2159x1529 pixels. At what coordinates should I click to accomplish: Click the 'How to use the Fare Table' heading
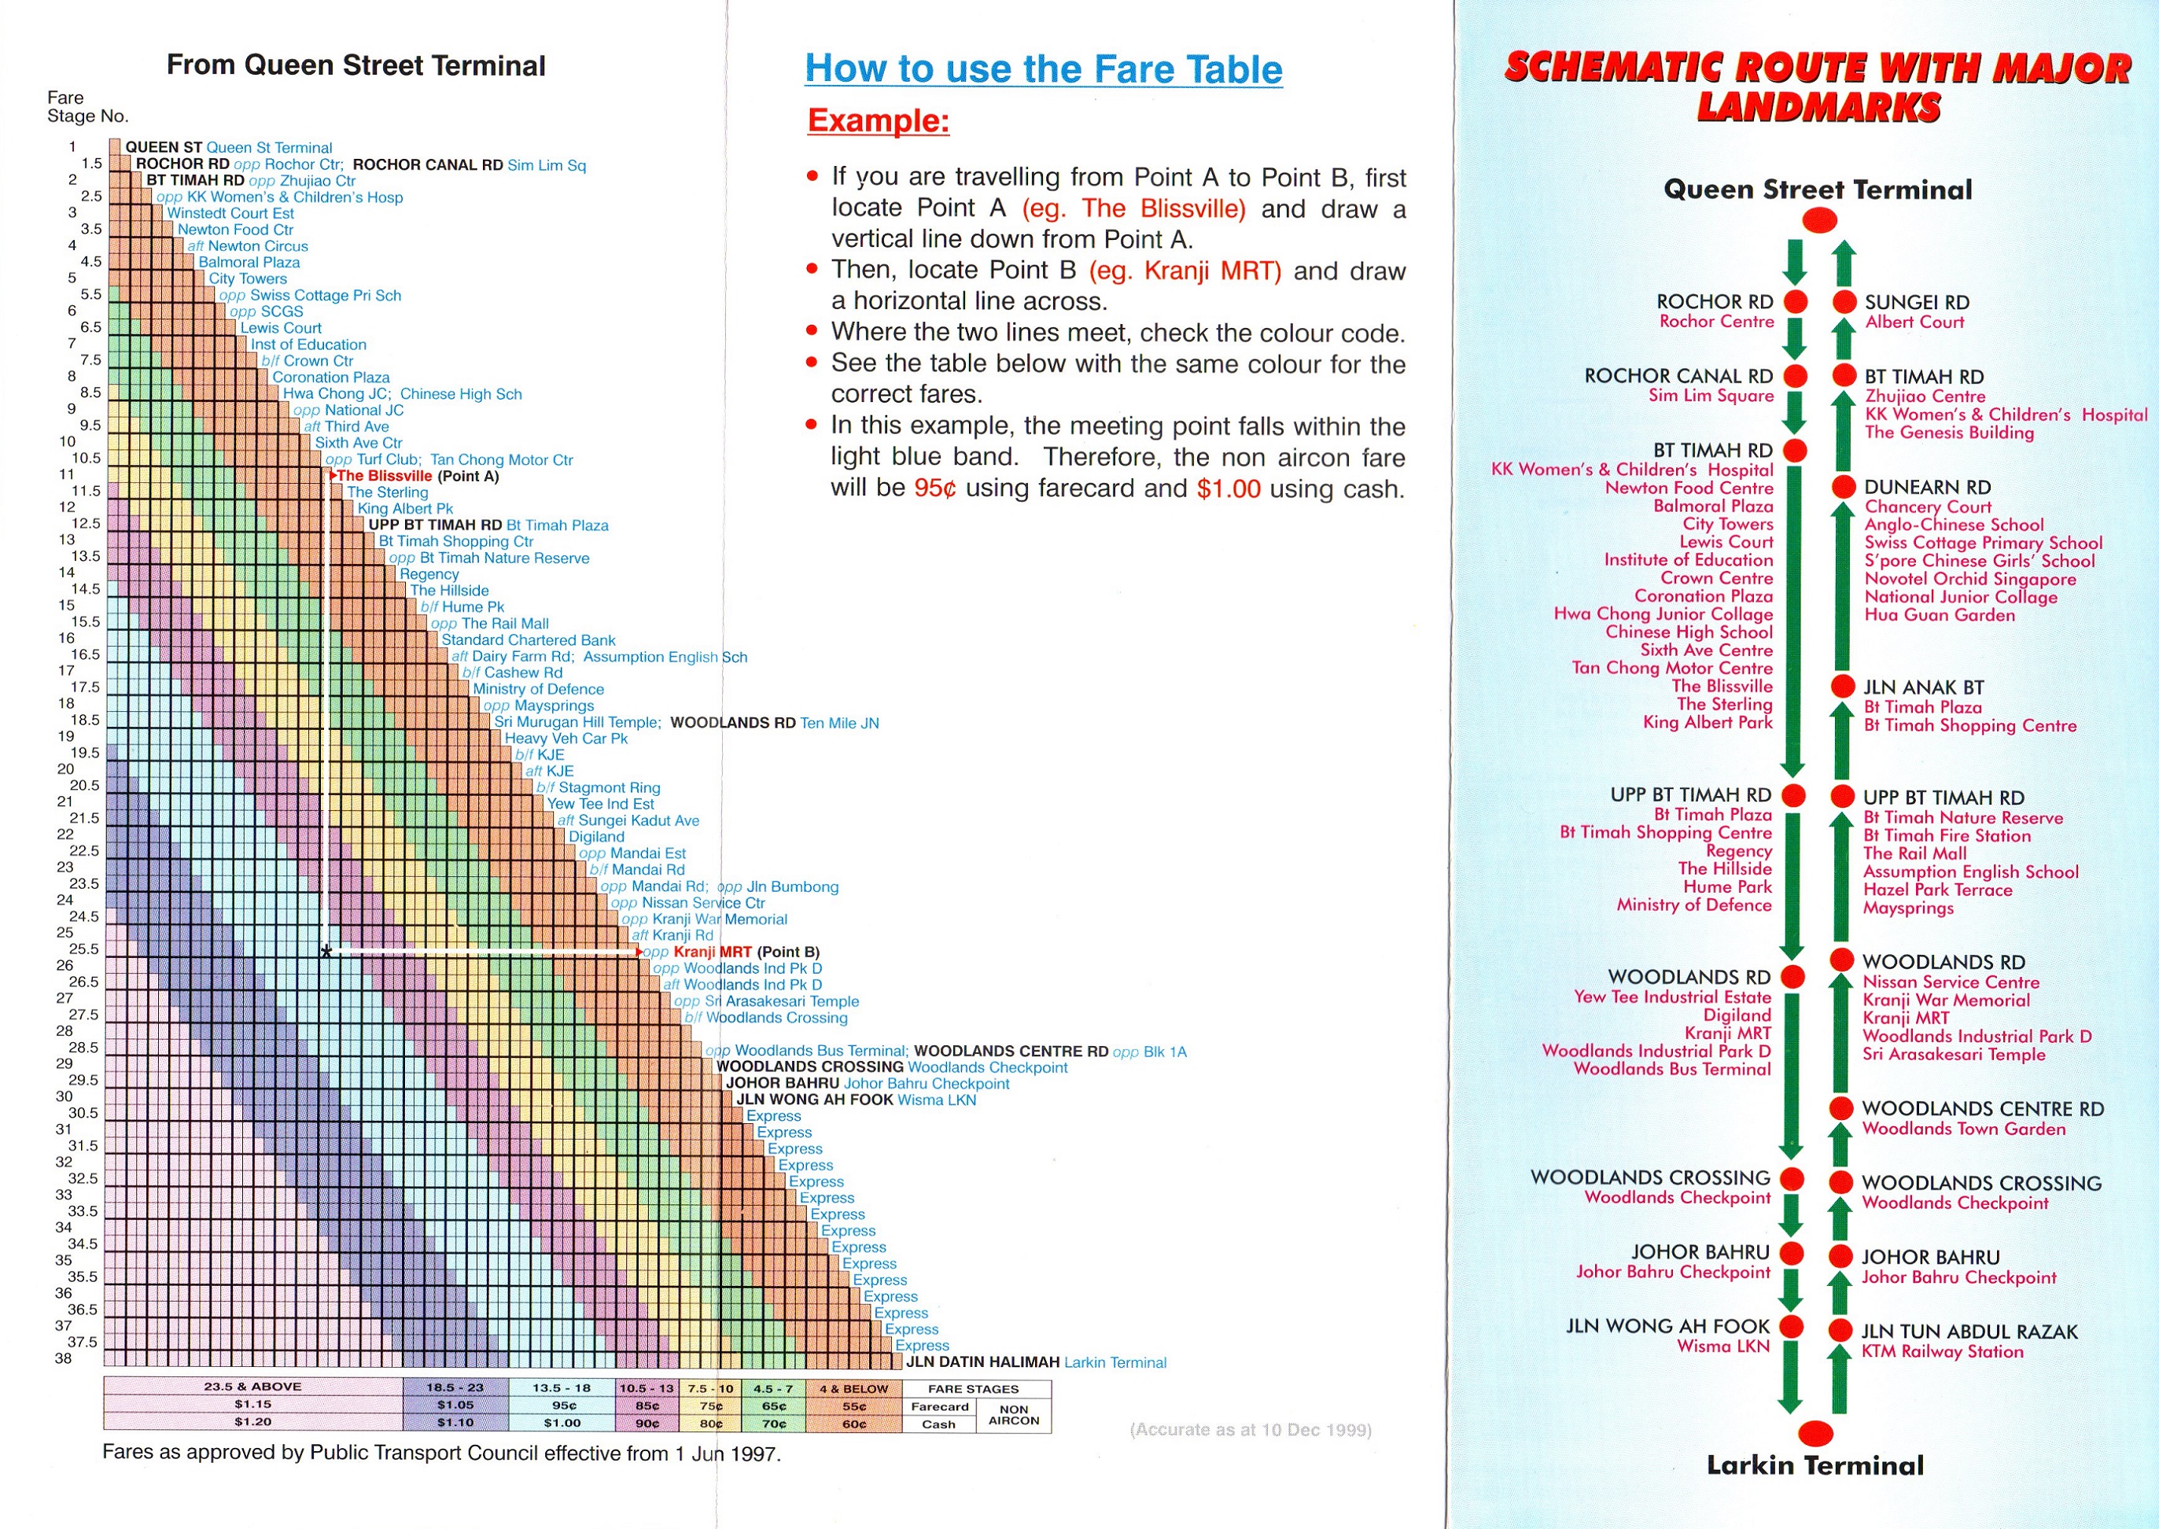coord(1043,68)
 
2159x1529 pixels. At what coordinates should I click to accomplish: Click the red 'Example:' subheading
coord(878,120)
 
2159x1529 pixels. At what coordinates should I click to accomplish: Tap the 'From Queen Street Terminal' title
coord(356,65)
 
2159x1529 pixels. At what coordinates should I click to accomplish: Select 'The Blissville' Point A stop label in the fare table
coord(384,476)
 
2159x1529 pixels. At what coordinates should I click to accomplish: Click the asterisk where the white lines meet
coord(326,952)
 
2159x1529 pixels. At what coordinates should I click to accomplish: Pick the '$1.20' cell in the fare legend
coord(252,1422)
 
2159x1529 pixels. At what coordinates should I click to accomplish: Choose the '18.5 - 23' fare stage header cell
coord(455,1387)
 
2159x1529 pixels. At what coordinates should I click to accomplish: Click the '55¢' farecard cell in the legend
coord(853,1406)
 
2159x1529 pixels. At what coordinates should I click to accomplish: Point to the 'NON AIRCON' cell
coord(1013,1415)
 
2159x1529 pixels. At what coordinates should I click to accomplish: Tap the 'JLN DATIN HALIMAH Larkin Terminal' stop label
coord(1036,1362)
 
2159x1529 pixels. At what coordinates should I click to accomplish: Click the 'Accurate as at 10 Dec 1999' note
coord(1251,1430)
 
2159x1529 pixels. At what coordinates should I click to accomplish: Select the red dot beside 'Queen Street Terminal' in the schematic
coord(1819,221)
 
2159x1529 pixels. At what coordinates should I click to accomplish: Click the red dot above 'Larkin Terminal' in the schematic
coord(1815,1433)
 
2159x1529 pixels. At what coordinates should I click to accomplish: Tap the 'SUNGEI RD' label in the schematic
coord(1916,302)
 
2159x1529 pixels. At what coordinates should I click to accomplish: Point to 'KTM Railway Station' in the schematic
coord(1941,1352)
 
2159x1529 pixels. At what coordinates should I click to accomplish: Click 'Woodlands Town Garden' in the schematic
coord(1963,1129)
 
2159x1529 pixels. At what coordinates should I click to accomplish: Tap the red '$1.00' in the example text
coord(1228,488)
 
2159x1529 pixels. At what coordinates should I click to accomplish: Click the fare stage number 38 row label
coord(63,1358)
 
